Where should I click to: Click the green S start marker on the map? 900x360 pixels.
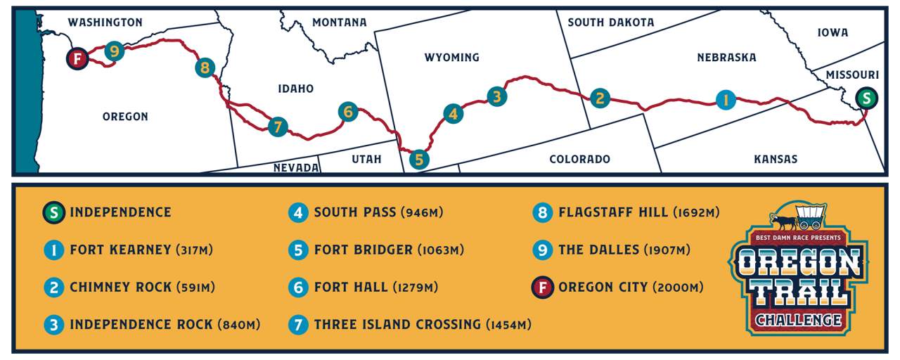pos(867,98)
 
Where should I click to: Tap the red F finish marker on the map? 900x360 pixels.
pos(77,58)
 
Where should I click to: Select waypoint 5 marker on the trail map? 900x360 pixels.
pos(419,160)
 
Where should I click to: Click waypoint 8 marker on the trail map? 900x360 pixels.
pos(205,67)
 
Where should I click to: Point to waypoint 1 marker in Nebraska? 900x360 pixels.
pos(725,101)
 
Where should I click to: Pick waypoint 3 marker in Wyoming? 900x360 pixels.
pos(496,96)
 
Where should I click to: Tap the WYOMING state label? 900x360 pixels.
pos(451,58)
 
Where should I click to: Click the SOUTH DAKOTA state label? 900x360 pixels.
pos(610,22)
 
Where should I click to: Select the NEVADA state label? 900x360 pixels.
pos(296,167)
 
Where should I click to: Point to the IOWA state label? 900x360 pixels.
pos(832,32)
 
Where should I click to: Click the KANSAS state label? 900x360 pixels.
pos(776,160)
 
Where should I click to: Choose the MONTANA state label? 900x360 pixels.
pos(339,22)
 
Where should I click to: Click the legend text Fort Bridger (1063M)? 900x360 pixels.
pos(378,250)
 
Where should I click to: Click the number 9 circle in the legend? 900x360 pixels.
pos(543,250)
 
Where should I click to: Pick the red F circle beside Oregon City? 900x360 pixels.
pos(543,287)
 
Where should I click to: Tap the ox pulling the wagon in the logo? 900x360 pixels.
pos(782,223)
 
